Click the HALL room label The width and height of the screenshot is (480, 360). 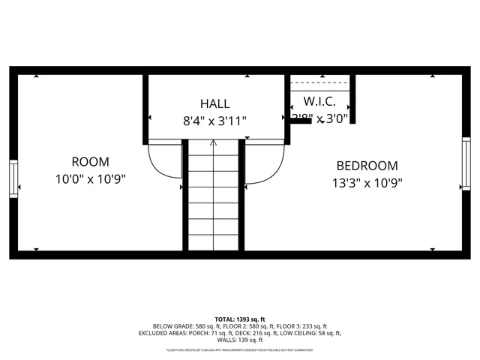pyautogui.click(x=214, y=103)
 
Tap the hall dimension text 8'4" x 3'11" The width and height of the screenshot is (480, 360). pyautogui.click(x=214, y=120)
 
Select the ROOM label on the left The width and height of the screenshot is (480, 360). pyautogui.click(x=90, y=161)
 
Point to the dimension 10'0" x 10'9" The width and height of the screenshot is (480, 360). pyautogui.click(x=90, y=179)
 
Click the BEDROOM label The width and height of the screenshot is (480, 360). pyautogui.click(x=367, y=166)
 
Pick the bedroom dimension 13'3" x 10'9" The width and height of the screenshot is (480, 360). pyautogui.click(x=367, y=183)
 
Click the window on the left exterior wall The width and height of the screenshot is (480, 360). pyautogui.click(x=13, y=178)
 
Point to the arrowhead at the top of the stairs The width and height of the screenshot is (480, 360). pyautogui.click(x=214, y=142)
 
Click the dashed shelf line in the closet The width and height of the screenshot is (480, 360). pyautogui.click(x=320, y=82)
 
